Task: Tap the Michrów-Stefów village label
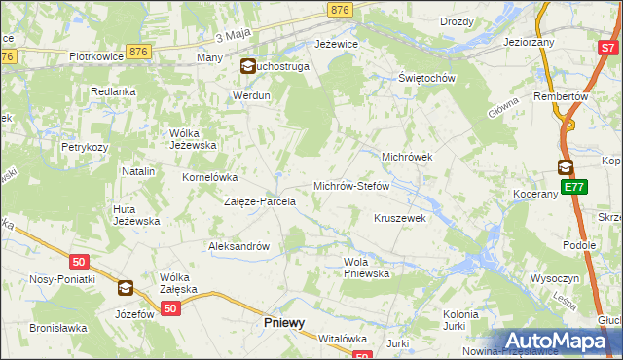[x=350, y=185]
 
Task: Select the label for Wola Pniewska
[x=367, y=268]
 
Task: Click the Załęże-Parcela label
[x=260, y=201]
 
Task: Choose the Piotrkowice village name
[x=95, y=56]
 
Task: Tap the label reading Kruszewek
[x=400, y=218]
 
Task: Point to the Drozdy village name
[x=457, y=21]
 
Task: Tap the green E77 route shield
[x=573, y=187]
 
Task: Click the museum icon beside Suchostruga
[x=246, y=67]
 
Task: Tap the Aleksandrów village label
[x=238, y=246]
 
